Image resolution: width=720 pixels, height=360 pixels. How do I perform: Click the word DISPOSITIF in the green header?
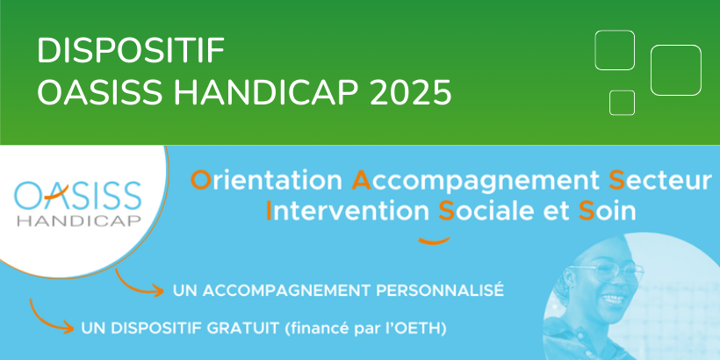(x=131, y=51)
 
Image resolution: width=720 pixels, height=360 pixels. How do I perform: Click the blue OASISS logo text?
(x=77, y=195)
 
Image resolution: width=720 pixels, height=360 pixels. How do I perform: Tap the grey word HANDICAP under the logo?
(x=78, y=220)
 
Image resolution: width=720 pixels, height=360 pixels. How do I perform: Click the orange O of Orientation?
(x=201, y=180)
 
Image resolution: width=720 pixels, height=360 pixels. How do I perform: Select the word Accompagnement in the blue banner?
(x=475, y=182)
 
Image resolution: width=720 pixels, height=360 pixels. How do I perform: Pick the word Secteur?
(x=659, y=180)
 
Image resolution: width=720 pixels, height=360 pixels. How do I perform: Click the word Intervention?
(x=347, y=211)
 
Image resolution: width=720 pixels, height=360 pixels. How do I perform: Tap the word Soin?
(x=607, y=211)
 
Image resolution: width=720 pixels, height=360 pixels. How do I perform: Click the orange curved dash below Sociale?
(x=434, y=241)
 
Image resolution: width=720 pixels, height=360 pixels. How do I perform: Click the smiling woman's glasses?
(x=606, y=271)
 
